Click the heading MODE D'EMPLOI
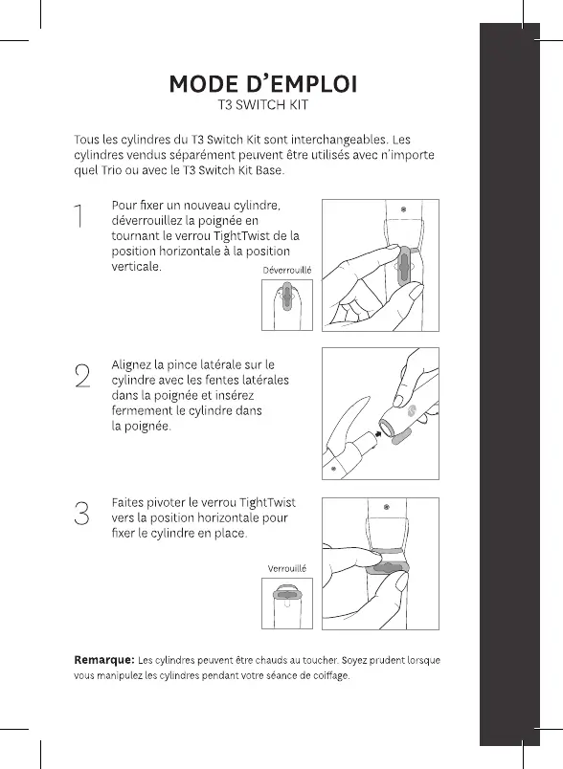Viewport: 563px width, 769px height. coord(263,84)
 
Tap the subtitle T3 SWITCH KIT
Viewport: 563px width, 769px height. coord(263,105)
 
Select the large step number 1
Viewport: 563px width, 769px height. coord(79,216)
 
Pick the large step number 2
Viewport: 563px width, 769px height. coord(83,376)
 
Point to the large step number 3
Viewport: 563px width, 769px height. coord(82,514)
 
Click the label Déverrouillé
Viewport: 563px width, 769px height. coord(287,271)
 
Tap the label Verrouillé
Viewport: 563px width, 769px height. coord(287,568)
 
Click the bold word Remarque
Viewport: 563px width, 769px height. coord(104,660)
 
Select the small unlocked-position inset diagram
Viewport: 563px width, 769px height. coord(287,304)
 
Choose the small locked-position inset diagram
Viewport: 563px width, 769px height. coord(287,604)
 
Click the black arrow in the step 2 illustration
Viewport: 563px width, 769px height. coord(378,433)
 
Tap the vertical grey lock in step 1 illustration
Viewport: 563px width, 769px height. coord(403,266)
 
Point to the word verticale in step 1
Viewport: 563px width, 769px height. coord(137,267)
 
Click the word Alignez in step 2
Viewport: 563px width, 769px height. coord(131,365)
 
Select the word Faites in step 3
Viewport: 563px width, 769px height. coord(128,503)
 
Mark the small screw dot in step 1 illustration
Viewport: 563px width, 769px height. coord(403,209)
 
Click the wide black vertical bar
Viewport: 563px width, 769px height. coord(509,384)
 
